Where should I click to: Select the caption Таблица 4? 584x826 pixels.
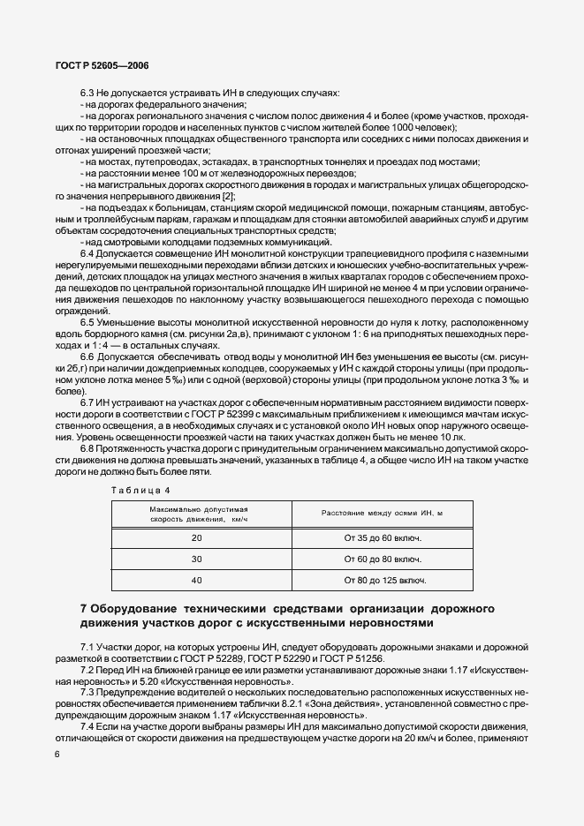pos(140,489)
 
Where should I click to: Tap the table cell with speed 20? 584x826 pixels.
pos(197,537)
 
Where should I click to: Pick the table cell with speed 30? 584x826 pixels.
pos(197,559)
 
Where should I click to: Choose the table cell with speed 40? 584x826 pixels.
pos(197,580)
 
